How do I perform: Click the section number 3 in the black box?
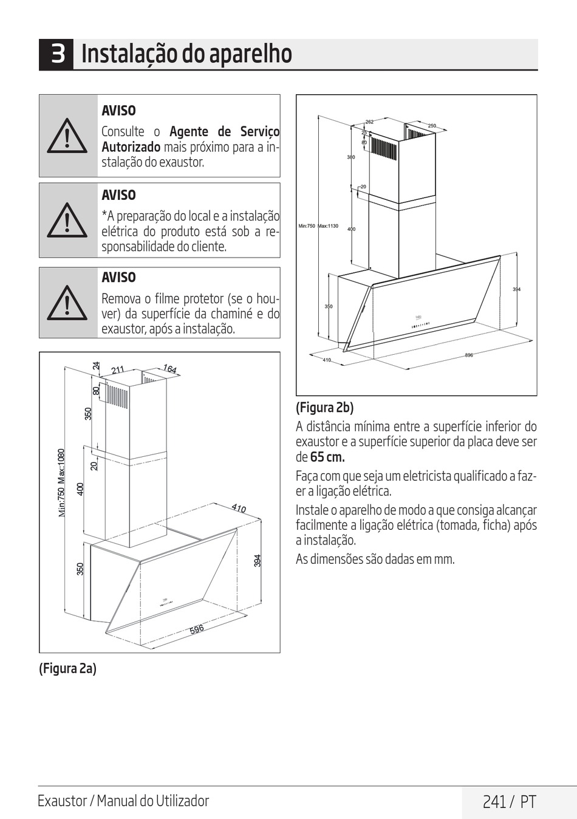57,54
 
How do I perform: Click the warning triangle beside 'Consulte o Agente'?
67,135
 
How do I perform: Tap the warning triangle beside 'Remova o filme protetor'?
67,303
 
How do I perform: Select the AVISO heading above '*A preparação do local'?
118,195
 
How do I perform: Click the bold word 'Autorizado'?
131,147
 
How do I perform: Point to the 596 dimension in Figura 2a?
197,629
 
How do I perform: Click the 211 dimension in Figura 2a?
118,369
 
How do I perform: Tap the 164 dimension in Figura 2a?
170,369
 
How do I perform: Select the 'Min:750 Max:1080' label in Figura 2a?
61,483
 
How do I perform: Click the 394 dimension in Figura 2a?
258,560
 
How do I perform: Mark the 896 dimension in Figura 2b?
469,355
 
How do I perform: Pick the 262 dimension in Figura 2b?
370,122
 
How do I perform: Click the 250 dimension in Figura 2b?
432,126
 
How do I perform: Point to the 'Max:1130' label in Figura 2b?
329,226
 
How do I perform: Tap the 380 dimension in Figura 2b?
351,157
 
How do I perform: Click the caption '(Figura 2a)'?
68,668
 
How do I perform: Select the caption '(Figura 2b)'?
324,407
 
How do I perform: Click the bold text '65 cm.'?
327,457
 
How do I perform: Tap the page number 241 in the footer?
494,802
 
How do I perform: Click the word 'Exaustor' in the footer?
62,801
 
